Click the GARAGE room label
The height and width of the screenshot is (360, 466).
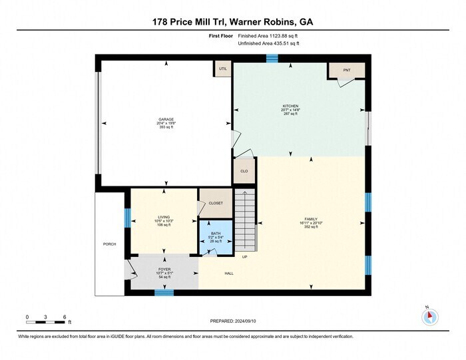166,119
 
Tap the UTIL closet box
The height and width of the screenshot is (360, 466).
221,69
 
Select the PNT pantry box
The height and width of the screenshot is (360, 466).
346,70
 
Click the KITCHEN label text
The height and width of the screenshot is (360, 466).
291,106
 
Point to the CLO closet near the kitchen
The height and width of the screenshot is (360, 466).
244,171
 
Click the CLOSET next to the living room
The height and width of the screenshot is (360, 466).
216,203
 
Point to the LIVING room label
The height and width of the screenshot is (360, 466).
164,217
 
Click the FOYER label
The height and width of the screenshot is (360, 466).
164,269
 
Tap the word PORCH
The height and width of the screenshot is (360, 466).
109,244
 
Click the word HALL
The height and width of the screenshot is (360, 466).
228,273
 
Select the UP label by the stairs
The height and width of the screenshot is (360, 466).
245,257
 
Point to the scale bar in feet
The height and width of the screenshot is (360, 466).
45,322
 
